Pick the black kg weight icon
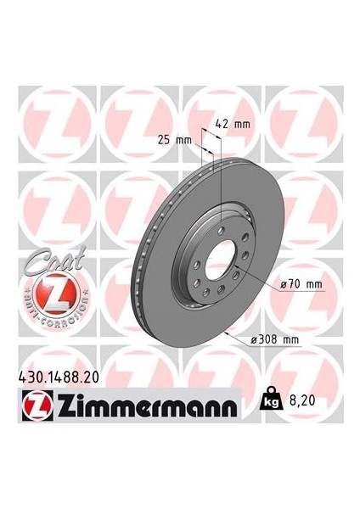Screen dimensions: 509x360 click(276, 396)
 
